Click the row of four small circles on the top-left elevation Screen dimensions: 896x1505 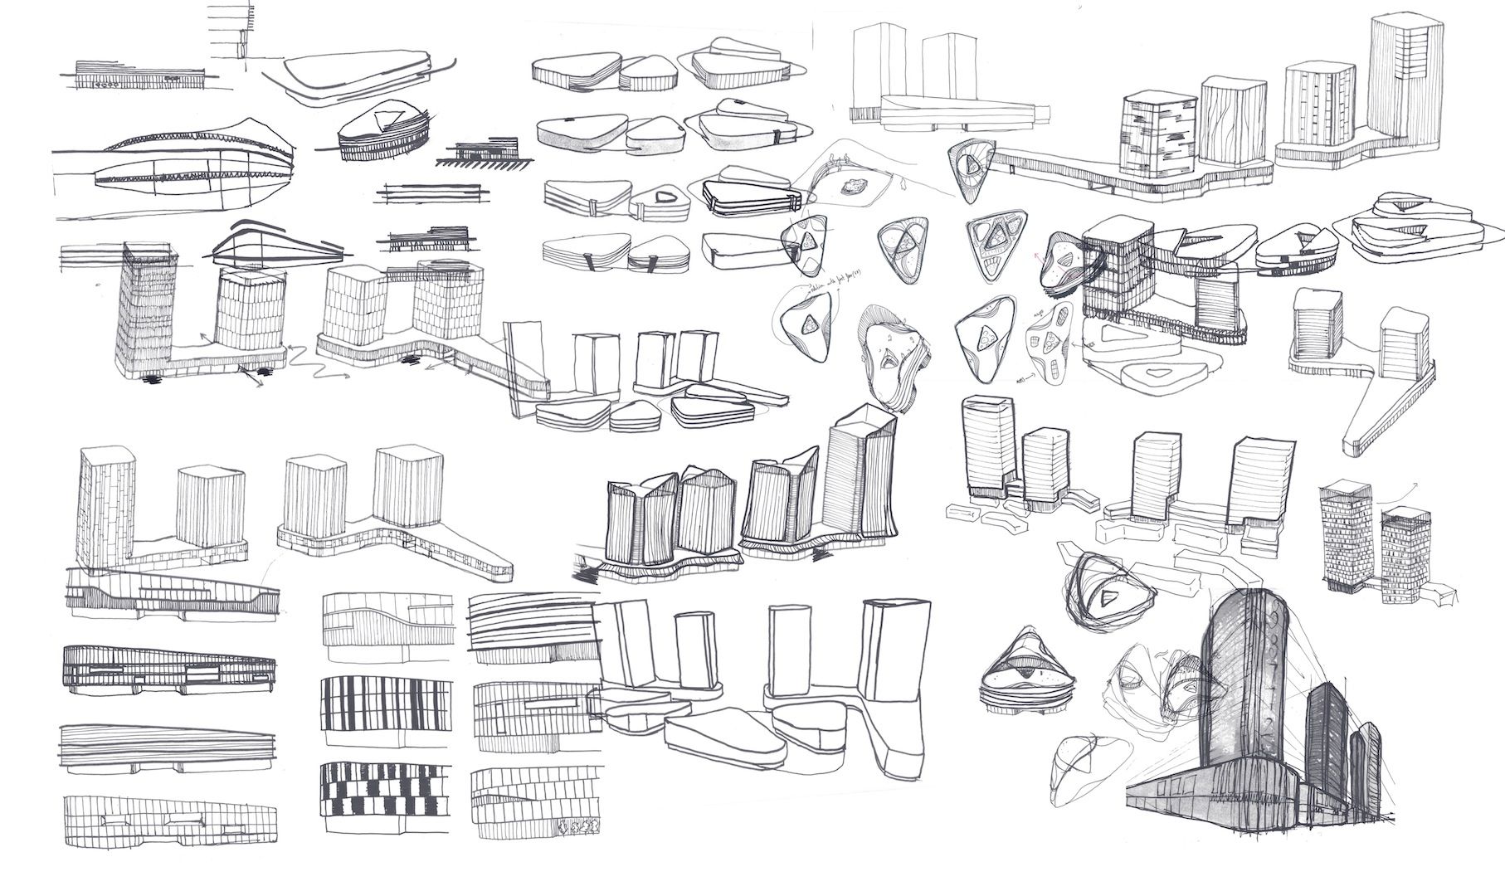point(109,84)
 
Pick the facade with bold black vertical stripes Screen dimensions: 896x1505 point(386,702)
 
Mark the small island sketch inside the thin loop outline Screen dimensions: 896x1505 point(852,187)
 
